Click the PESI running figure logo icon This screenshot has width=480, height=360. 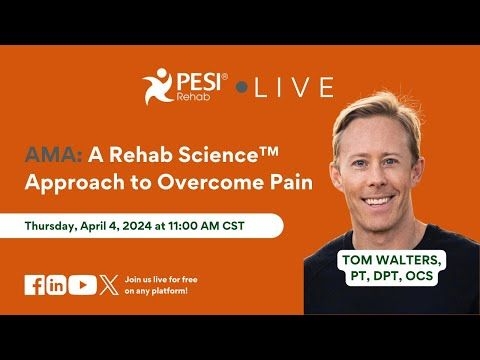pyautogui.click(x=159, y=85)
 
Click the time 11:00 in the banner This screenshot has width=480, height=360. pyautogui.click(x=200, y=226)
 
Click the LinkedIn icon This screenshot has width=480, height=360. pyautogui.click(x=56, y=285)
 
